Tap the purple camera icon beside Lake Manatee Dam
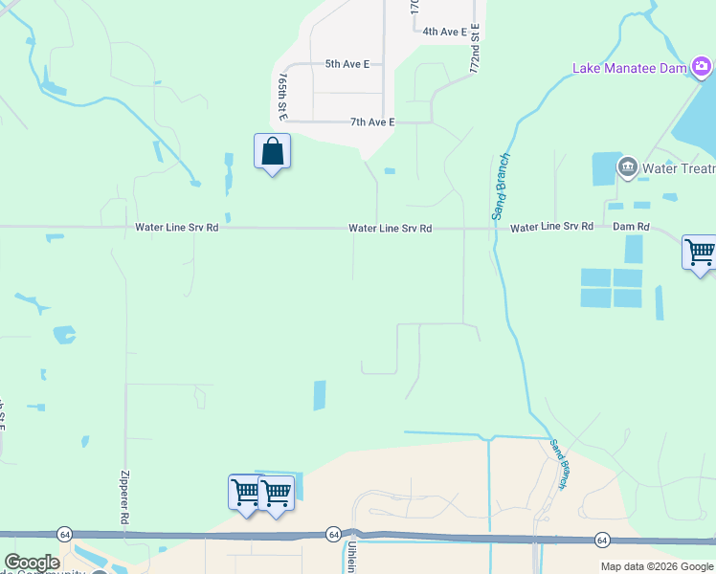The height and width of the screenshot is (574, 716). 702,66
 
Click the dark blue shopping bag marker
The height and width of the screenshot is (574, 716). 273,151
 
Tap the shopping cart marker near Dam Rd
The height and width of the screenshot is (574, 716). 700,253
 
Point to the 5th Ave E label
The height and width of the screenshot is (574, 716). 347,64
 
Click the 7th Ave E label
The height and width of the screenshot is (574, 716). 372,122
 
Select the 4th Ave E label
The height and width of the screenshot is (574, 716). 445,32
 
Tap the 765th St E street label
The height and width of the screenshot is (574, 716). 282,94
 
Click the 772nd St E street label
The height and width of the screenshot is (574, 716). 474,48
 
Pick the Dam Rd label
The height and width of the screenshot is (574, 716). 631,228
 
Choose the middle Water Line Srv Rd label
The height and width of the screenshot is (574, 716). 391,229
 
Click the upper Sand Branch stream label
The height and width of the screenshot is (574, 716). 502,187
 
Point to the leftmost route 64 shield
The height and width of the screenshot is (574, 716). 64,534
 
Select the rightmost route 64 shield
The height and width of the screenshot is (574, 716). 602,540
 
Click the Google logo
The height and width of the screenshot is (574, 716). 32,563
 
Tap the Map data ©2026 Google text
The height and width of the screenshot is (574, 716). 656,566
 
